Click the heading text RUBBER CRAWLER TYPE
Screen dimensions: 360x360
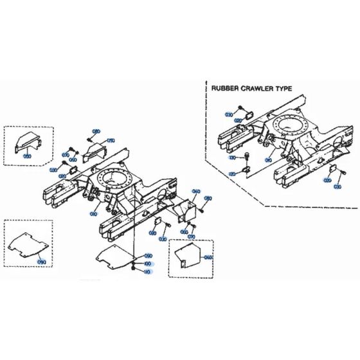pos(247,91)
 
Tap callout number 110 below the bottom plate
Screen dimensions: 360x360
pos(147,271)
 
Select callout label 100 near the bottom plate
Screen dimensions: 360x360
pos(147,264)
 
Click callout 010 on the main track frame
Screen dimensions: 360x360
pos(94,213)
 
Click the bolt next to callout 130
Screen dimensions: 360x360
pos(246,156)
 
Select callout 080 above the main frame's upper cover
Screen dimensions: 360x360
pos(96,132)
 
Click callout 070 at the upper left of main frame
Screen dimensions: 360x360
pos(66,155)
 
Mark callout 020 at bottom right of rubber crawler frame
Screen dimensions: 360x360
pos(328,181)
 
